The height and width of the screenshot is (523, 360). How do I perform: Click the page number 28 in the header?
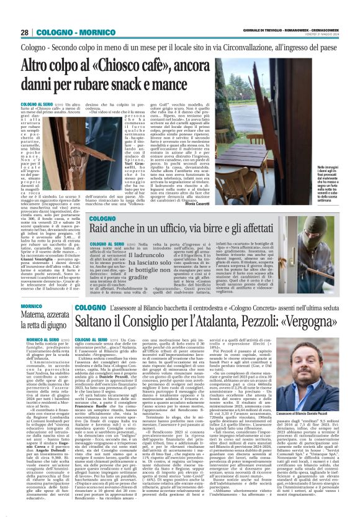pos(24,32)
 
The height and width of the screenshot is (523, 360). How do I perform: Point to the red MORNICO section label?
pos(32,306)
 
